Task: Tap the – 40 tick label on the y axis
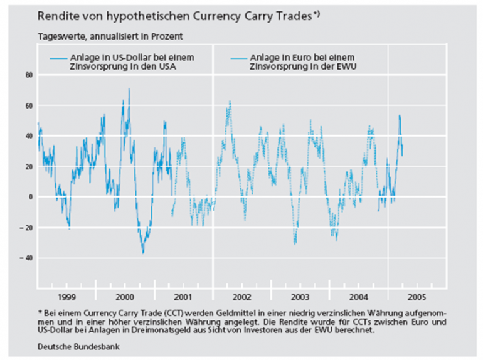(x=27, y=258)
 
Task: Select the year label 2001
(x=183, y=295)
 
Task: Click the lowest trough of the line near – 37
(x=143, y=253)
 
